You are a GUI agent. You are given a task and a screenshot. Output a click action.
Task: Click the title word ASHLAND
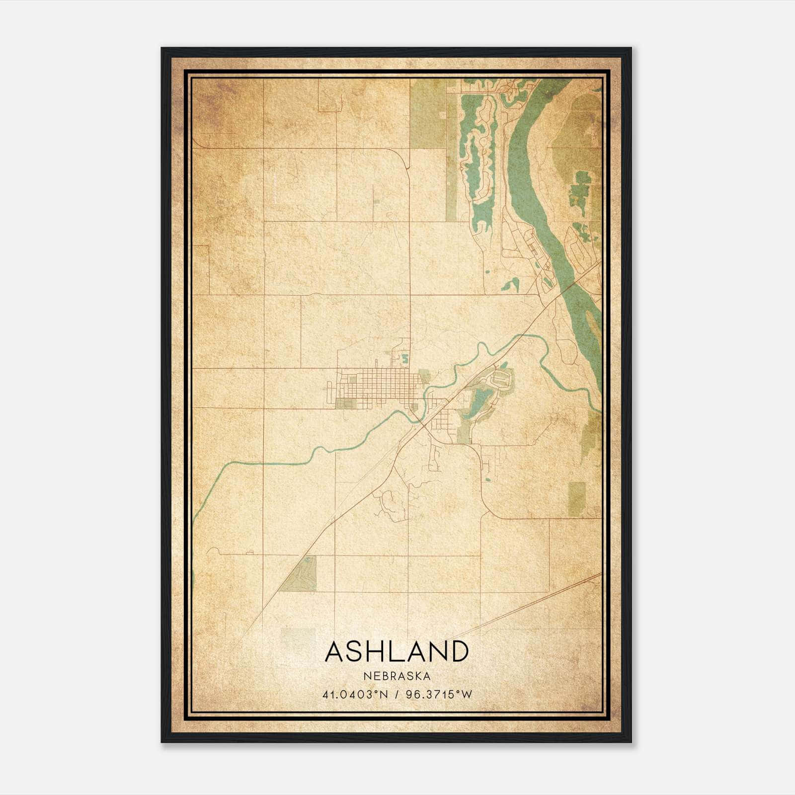(x=397, y=651)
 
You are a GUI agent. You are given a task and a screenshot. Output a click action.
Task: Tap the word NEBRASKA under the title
(x=397, y=676)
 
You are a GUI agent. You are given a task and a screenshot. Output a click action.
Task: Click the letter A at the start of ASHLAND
(x=335, y=651)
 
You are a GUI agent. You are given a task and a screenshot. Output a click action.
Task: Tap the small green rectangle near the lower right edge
(x=576, y=498)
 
